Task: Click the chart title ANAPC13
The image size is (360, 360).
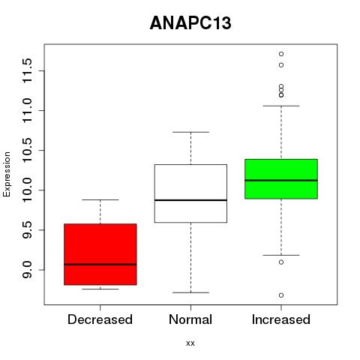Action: (190, 23)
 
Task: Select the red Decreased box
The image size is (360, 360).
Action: (100, 254)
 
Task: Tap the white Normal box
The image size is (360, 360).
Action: (190, 193)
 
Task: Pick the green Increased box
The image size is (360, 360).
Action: (281, 179)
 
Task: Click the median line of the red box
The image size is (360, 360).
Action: (100, 264)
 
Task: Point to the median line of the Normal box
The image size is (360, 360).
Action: (190, 200)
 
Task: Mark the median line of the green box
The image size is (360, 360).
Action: (281, 180)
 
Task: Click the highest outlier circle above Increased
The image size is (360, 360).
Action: (281, 54)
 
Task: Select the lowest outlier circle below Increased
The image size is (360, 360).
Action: (281, 295)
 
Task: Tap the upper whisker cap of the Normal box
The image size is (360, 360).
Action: (190, 132)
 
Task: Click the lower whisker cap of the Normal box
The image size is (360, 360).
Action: (190, 292)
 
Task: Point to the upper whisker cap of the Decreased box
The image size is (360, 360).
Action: (100, 200)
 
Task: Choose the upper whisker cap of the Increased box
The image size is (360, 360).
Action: (281, 106)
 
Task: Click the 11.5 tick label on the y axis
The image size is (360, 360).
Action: (27, 70)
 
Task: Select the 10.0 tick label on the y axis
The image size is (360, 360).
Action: (27, 190)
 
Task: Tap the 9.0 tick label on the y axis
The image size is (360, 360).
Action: (27, 270)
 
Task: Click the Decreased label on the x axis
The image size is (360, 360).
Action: (100, 319)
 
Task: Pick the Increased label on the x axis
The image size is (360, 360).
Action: (281, 319)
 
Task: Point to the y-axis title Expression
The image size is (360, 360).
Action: (7, 175)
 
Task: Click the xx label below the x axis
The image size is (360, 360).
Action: (190, 343)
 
